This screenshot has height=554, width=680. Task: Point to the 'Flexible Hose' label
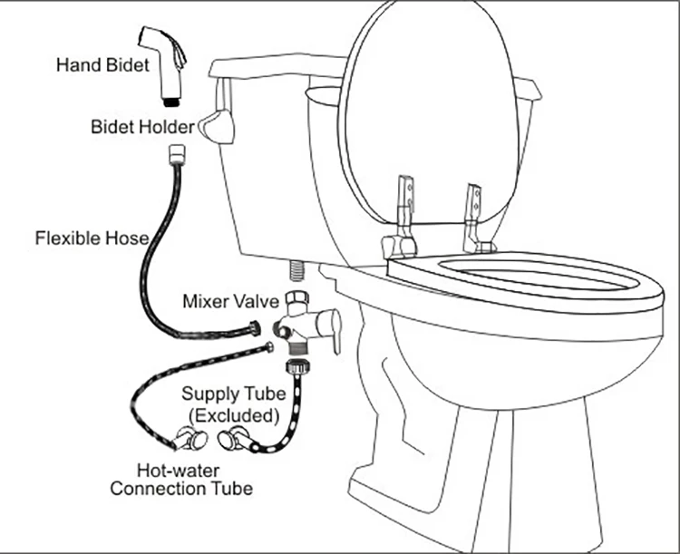pyautogui.click(x=91, y=239)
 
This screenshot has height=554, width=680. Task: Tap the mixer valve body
pyautogui.click(x=296, y=323)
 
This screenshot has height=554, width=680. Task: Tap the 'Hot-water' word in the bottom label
pyautogui.click(x=172, y=471)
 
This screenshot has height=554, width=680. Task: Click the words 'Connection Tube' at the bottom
pyautogui.click(x=180, y=489)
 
